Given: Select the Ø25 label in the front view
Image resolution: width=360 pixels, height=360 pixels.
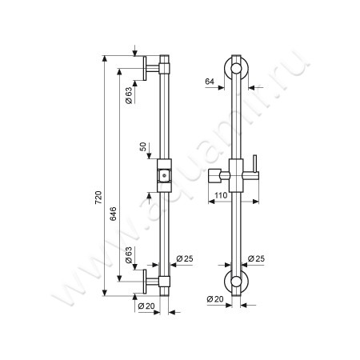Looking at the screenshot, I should pyautogui.click(x=254, y=258).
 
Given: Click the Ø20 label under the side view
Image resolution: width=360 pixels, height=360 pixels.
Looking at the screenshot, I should pyautogui.click(x=146, y=305).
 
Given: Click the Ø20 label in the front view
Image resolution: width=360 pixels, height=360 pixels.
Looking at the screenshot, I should pyautogui.click(x=214, y=298).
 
